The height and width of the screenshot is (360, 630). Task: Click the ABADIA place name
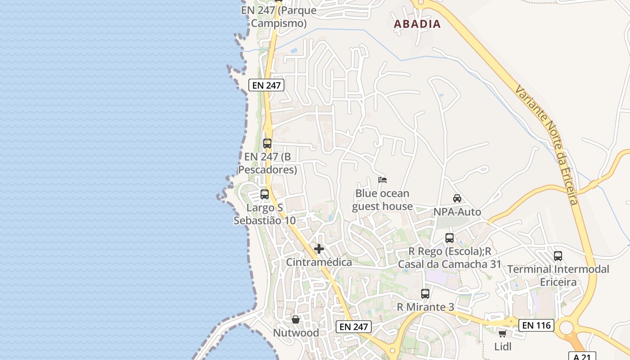pyautogui.click(x=417, y=24)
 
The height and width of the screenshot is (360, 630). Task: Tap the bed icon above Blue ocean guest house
pyautogui.click(x=382, y=180)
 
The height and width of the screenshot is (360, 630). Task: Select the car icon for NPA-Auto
pyautogui.click(x=457, y=198)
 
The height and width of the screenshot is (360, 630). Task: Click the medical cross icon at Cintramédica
pyautogui.click(x=319, y=249)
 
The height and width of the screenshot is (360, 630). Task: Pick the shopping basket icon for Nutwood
pyautogui.click(x=296, y=319)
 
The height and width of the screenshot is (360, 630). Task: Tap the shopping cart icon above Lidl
pyautogui.click(x=502, y=333)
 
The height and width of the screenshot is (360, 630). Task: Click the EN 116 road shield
pyautogui.click(x=536, y=325)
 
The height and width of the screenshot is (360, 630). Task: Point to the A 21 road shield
pyautogui.click(x=582, y=356)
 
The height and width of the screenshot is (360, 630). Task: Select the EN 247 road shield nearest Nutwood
pyautogui.click(x=354, y=327)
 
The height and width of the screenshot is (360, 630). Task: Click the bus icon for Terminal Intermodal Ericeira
pyautogui.click(x=558, y=256)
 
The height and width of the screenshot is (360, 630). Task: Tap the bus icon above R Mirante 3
pyautogui.click(x=425, y=294)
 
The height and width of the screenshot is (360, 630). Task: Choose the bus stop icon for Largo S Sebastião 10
pyautogui.click(x=265, y=194)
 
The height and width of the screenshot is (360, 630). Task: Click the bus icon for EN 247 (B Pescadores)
pyautogui.click(x=267, y=144)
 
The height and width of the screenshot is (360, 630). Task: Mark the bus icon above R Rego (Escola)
pyautogui.click(x=450, y=238)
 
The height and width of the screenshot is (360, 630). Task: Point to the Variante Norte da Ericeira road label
pyautogui.click(x=547, y=144)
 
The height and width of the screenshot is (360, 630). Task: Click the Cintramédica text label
pyautogui.click(x=319, y=262)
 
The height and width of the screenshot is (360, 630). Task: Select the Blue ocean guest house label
pyautogui.click(x=382, y=200)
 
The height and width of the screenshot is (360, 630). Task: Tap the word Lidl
pyautogui.click(x=503, y=346)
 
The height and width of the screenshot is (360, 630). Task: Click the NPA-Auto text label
pyautogui.click(x=457, y=211)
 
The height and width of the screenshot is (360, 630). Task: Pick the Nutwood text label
pyautogui.click(x=296, y=333)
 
